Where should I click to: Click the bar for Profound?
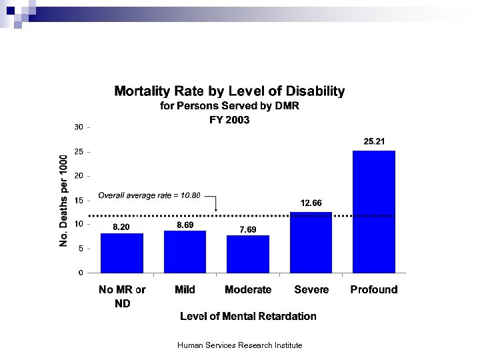374,211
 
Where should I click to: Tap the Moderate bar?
248,254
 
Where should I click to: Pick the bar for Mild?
185,251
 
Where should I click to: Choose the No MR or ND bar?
122,253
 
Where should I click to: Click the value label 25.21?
374,141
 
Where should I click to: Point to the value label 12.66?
311,203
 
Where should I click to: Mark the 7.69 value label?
248,229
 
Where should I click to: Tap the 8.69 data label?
185,225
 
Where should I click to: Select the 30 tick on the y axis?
79,127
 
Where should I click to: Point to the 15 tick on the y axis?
79,200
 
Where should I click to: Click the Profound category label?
374,289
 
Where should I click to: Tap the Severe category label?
311,289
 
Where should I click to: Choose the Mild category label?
185,289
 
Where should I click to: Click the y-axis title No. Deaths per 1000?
63,200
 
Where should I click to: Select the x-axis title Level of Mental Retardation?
248,316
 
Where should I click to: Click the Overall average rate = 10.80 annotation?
149,195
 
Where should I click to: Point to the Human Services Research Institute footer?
240,345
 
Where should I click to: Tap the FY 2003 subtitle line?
229,120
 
